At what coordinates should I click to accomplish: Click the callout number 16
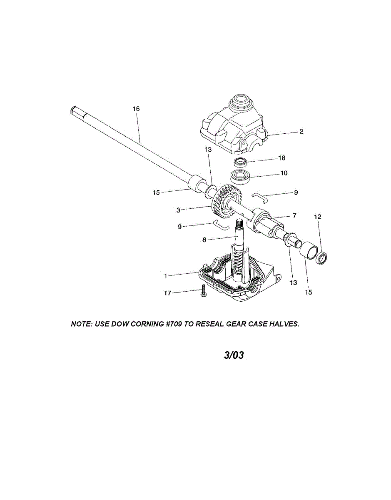tap(136, 109)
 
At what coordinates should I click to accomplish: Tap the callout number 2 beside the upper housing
tap(301, 132)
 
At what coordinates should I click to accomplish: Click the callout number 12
tap(318, 217)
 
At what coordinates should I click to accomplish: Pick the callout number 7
tap(294, 215)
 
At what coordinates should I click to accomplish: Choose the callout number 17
tap(167, 293)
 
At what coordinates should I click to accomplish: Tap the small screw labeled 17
tap(203, 290)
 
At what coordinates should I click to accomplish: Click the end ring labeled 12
tap(323, 257)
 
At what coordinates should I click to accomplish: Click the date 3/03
tap(234, 355)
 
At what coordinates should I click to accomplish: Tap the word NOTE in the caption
tap(82, 324)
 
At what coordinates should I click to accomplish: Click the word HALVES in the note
tap(284, 324)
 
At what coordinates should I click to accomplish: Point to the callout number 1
tap(165, 276)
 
